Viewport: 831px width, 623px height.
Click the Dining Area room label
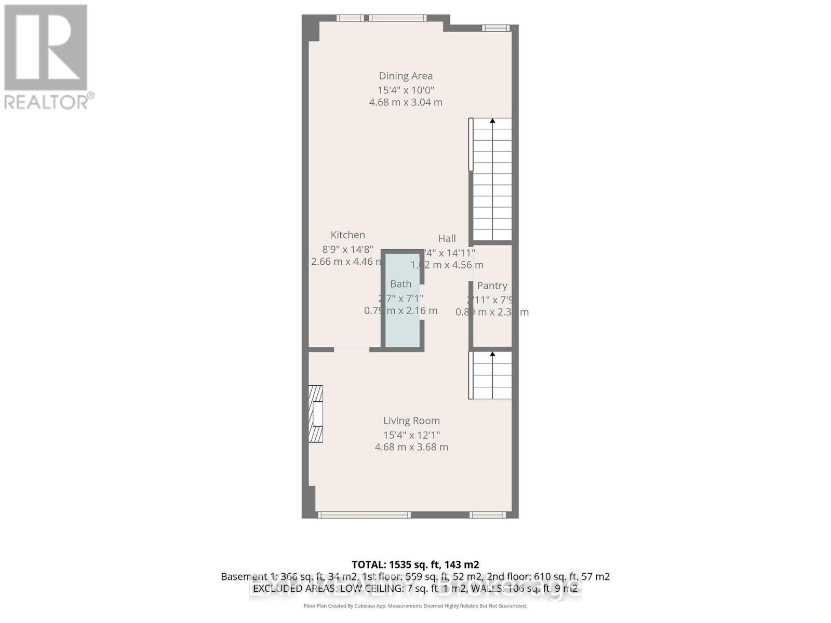(x=405, y=76)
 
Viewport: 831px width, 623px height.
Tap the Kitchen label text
(x=347, y=235)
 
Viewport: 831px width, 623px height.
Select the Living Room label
(x=411, y=421)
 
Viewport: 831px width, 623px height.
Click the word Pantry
(x=492, y=286)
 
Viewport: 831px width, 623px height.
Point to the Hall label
(x=447, y=238)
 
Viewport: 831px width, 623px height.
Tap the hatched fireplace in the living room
(x=315, y=414)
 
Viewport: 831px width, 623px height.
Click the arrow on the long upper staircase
(x=492, y=121)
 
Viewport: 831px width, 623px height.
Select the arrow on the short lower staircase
(x=492, y=355)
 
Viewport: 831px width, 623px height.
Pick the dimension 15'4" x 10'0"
(x=405, y=90)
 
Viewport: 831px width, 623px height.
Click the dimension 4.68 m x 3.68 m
(x=411, y=447)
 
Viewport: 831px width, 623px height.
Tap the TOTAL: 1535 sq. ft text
(x=415, y=564)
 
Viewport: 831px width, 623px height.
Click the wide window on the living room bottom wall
(x=364, y=515)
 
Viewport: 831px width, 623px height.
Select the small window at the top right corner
(x=495, y=28)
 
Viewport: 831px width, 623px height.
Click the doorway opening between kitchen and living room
(x=352, y=350)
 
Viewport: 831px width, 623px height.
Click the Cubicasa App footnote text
(x=415, y=606)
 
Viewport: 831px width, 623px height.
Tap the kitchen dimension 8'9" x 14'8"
(x=347, y=249)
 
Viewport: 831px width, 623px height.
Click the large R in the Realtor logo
(x=46, y=47)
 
